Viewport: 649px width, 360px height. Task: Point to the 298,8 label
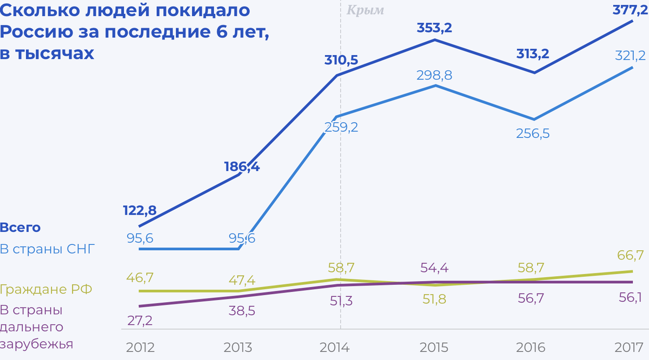tap(434, 76)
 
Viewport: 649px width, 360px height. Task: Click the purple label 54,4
tap(434, 268)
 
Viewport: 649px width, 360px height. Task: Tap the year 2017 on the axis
tap(630, 347)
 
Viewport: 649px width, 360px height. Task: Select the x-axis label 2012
tap(140, 347)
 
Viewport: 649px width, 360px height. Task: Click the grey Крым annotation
tap(365, 10)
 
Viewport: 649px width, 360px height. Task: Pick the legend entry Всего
tap(21, 228)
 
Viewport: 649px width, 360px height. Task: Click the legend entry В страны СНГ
tap(48, 249)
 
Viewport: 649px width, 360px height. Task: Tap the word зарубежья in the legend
tap(37, 344)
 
